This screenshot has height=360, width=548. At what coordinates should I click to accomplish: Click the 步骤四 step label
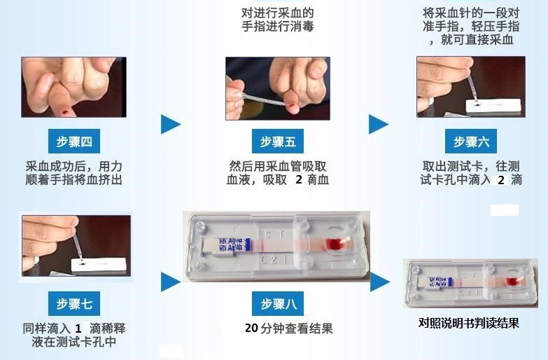point(73,141)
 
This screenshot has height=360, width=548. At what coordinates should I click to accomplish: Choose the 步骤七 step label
point(73,304)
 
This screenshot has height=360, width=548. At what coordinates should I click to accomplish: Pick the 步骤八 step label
point(279,304)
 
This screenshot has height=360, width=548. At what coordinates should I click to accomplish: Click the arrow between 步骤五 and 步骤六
point(378,124)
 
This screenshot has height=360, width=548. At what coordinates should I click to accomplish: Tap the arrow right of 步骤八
point(379,282)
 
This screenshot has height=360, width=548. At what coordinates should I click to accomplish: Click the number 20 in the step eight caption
point(252,328)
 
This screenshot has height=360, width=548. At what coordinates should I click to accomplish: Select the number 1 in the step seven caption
point(78,328)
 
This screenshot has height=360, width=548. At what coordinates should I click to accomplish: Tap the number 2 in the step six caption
point(500,180)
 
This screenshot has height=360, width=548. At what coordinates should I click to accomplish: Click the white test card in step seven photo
point(98,265)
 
